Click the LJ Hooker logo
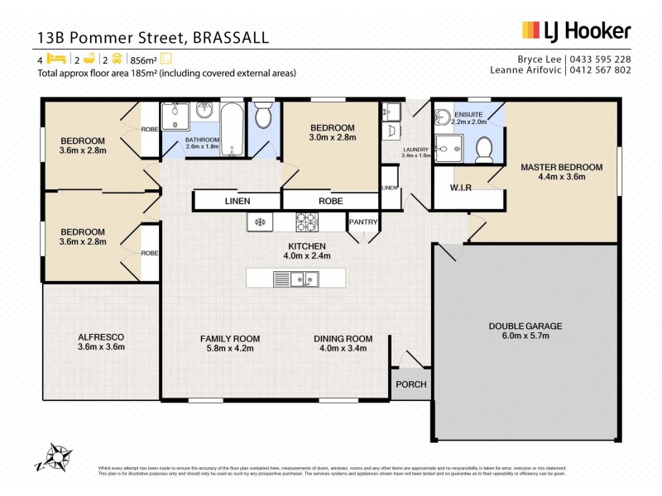coord(576,31)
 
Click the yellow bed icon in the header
coord(55,59)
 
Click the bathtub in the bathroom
coord(233,129)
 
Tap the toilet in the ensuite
coord(486,147)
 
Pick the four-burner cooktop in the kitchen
coord(307,222)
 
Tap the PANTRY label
coord(363,222)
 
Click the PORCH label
coord(410,384)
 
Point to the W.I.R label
coord(461,188)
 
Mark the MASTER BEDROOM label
coord(561,167)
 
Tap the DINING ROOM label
coord(343,338)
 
